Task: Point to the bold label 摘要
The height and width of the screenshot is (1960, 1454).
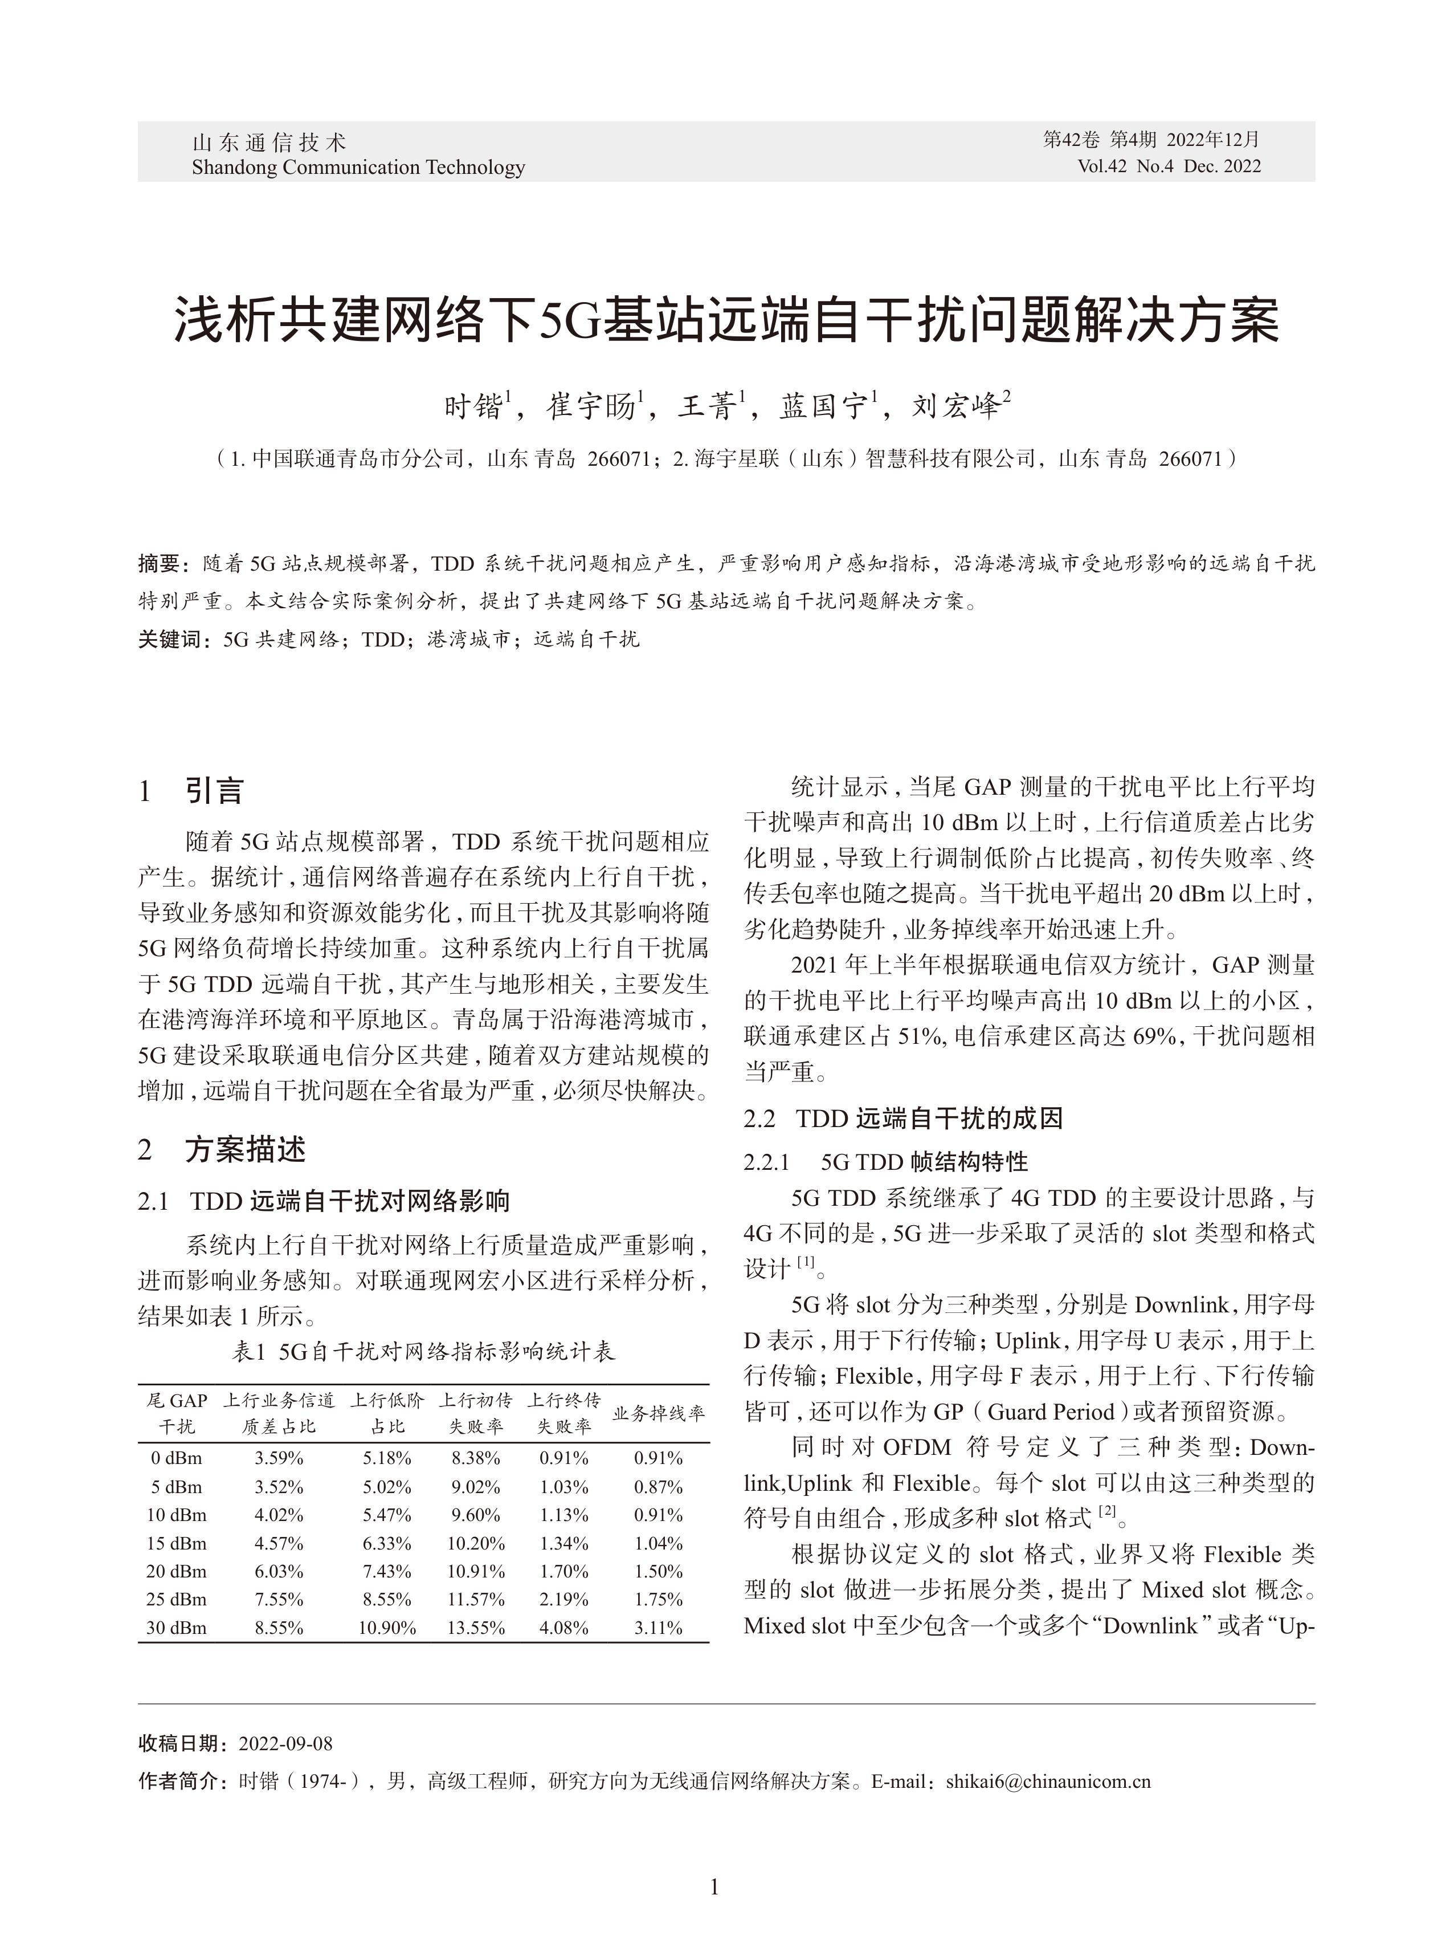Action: [160, 563]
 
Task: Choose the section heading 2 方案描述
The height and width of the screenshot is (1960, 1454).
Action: [222, 1149]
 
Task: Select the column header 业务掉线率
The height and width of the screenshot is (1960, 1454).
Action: [659, 1413]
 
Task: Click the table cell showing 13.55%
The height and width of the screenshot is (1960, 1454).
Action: [475, 1628]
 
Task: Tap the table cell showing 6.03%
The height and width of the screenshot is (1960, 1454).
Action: [279, 1572]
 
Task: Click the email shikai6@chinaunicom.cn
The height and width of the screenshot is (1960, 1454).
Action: [1048, 1782]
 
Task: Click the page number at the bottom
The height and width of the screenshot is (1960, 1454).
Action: [714, 1886]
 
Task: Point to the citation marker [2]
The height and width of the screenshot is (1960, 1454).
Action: [1106, 1511]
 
